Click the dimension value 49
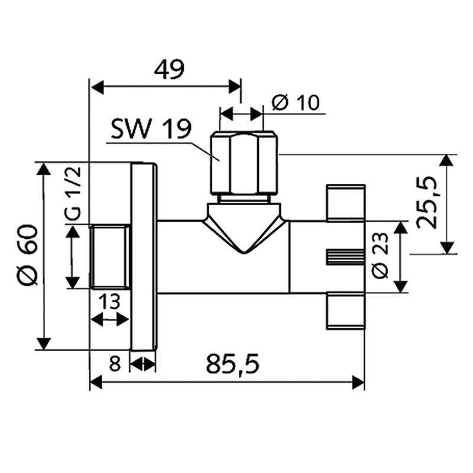[x=169, y=70]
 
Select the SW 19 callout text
[x=151, y=129]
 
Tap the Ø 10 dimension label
[x=296, y=102]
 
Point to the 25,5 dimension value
[x=426, y=202]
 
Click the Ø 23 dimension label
[x=380, y=255]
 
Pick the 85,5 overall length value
[x=232, y=364]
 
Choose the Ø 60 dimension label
[x=27, y=255]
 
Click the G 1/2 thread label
[x=73, y=193]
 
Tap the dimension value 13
[x=109, y=302]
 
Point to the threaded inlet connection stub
[x=110, y=257]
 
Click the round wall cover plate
[x=144, y=257]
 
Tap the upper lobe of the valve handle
[x=346, y=203]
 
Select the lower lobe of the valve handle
[x=346, y=310]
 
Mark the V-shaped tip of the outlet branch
[x=244, y=253]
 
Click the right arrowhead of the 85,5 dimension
[x=358, y=383]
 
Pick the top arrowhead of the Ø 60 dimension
[x=43, y=169]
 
